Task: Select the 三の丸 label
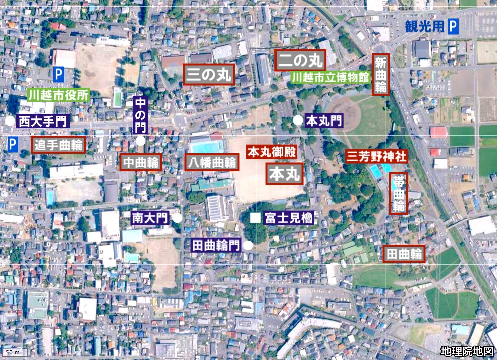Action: tap(208, 75)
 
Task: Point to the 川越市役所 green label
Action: tap(59, 94)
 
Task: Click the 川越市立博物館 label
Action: tap(330, 77)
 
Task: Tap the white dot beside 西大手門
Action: tap(10, 121)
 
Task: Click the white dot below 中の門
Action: tap(140, 141)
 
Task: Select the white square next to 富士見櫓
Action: tap(256, 218)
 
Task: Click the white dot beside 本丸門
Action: tap(298, 120)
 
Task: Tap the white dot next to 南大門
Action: tap(177, 218)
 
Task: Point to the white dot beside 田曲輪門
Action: tap(248, 245)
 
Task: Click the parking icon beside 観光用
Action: tap(453, 27)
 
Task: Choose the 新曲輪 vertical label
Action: tap(380, 75)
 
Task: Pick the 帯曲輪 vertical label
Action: tap(399, 193)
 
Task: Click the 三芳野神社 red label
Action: tap(376, 156)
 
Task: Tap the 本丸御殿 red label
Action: tap(271, 151)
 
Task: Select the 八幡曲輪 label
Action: tap(211, 162)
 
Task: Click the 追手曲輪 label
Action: tap(58, 145)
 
